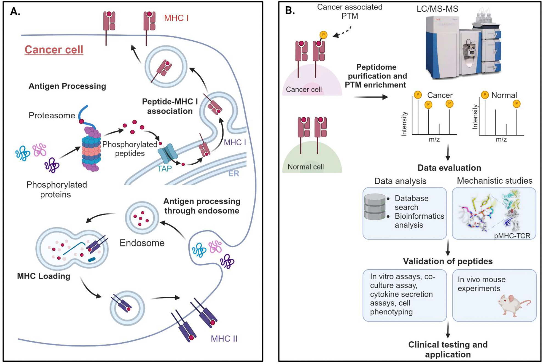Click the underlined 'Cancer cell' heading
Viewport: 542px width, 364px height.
click(54, 50)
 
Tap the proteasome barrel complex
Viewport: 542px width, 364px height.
click(91, 150)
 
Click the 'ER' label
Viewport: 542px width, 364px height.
click(234, 173)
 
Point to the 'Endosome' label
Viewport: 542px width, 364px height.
click(142, 243)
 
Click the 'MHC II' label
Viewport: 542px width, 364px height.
click(224, 339)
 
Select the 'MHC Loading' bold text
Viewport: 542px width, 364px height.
click(44, 276)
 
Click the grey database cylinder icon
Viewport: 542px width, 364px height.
click(375, 207)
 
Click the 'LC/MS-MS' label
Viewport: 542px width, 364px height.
click(437, 9)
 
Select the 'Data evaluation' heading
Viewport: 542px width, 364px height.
click(449, 168)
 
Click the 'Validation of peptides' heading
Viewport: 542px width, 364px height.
click(448, 261)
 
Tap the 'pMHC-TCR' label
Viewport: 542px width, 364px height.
click(512, 236)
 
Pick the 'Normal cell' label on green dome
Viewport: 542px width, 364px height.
click(306, 167)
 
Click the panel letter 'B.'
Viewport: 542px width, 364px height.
click(290, 10)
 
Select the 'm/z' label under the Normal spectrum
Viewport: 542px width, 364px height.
click(501, 139)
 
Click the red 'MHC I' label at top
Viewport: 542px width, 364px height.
click(176, 18)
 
